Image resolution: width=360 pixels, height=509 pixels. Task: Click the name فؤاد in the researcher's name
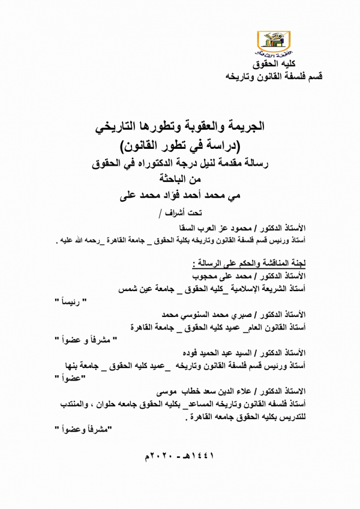point(176,194)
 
